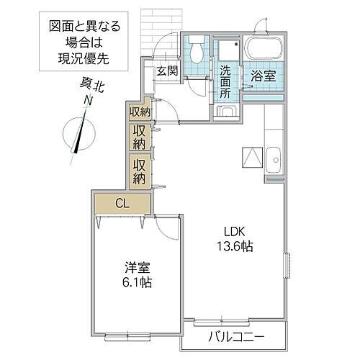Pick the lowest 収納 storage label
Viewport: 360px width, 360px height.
pos(139,171)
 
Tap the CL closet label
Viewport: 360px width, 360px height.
pos(122,204)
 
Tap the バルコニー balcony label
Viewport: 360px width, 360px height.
pos(237,336)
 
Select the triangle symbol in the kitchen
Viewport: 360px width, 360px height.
pos(252,156)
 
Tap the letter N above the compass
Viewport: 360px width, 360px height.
pos(86,102)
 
